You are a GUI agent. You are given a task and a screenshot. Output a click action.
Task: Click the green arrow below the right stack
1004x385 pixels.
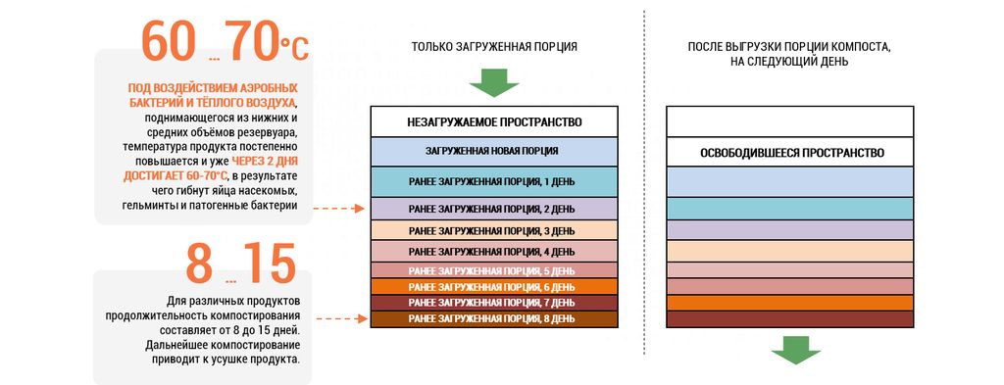795,349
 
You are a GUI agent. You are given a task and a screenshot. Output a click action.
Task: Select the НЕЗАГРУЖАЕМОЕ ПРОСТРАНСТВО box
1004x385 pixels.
494,122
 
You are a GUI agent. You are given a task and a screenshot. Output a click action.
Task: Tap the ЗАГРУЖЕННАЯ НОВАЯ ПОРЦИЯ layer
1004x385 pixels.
494,151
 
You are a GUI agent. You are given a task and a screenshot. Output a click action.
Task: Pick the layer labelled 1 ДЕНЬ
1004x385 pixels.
494,181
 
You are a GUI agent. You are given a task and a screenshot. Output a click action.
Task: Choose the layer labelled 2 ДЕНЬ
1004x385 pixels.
494,209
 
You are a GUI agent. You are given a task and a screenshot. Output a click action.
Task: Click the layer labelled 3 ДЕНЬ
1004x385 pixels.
494,230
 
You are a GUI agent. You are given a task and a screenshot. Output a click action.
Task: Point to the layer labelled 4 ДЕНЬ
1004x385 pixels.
494,252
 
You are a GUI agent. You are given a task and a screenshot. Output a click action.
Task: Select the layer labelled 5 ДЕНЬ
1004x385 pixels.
494,270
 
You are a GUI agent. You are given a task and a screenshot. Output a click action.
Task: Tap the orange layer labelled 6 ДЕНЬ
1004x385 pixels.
494,287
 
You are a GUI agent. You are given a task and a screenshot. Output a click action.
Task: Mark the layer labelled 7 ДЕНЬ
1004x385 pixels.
494,303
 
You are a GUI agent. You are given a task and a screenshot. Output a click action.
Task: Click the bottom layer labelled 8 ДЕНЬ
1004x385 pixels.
494,319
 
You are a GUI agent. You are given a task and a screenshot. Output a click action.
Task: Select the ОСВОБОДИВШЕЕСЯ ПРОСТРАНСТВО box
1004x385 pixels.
792,154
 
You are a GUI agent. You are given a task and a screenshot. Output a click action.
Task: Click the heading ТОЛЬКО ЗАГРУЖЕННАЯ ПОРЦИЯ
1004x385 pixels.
493,46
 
